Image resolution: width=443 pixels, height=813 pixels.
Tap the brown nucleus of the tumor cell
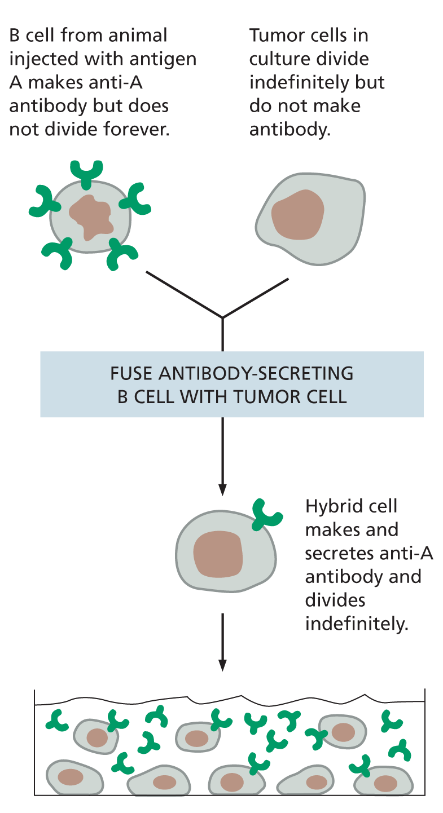(298, 215)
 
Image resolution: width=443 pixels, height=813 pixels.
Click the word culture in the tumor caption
(278, 59)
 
